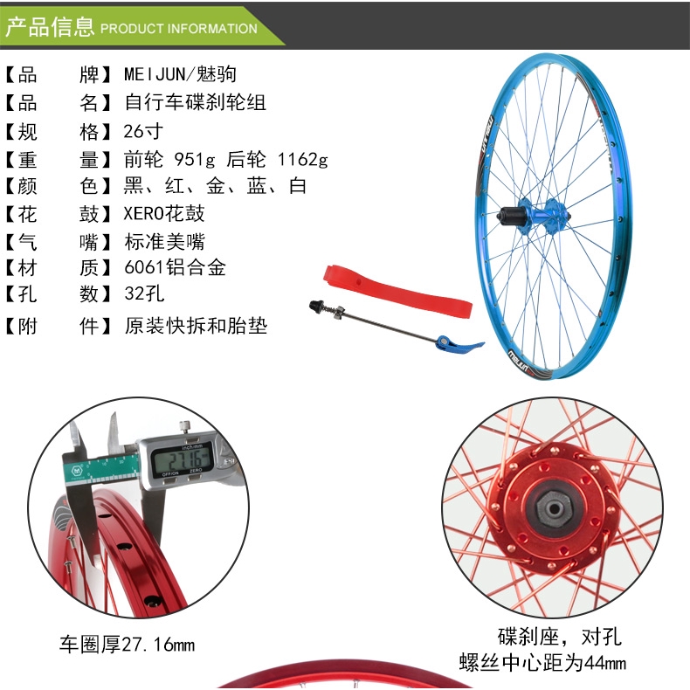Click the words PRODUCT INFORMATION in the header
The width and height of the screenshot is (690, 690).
(x=179, y=29)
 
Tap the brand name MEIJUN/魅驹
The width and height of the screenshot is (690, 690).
(x=181, y=74)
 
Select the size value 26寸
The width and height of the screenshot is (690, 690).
(x=143, y=131)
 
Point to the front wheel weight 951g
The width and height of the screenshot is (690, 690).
(x=195, y=159)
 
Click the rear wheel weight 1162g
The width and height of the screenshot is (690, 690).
(x=303, y=159)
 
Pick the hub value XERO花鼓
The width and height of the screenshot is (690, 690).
(x=164, y=213)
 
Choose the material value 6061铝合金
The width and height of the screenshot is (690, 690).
(x=176, y=267)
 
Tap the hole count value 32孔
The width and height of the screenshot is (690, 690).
(x=144, y=293)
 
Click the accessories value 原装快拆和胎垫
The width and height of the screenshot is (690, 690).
(x=196, y=326)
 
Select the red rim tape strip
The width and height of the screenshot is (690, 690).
(x=397, y=292)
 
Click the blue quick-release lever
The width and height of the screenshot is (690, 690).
(x=459, y=342)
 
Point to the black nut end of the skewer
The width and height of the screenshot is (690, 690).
(x=318, y=307)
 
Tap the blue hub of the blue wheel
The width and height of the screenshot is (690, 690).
(x=536, y=216)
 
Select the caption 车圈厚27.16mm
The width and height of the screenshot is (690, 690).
(x=128, y=645)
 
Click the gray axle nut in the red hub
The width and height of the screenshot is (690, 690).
(x=554, y=508)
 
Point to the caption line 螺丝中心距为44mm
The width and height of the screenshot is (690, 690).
(x=542, y=663)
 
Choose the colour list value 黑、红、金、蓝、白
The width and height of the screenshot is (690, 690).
(x=215, y=186)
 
